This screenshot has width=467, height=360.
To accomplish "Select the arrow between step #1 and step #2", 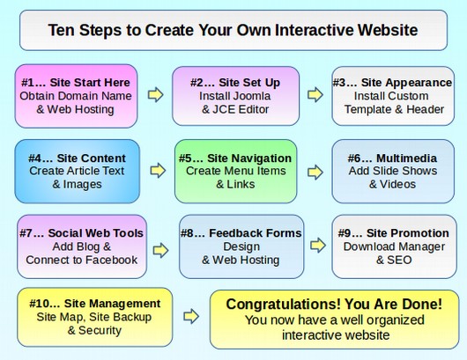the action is tap(155, 95).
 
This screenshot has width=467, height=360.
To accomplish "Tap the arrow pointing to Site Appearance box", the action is tap(315, 95).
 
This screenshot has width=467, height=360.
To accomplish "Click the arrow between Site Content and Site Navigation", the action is tap(158, 171).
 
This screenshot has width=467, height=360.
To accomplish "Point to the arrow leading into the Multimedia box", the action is tap(315, 173).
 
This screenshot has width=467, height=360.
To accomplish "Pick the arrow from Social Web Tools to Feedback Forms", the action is tap(161, 250).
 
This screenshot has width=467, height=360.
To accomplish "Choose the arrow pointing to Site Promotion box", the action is tap(318, 246).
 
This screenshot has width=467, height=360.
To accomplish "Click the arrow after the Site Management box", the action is tap(191, 316).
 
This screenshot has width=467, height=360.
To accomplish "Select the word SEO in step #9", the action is tap(399, 260).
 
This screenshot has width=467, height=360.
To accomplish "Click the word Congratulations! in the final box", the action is tap(283, 304).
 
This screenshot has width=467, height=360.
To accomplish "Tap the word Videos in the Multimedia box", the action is tap(397, 184).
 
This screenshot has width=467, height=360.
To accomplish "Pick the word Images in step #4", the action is tap(82, 185).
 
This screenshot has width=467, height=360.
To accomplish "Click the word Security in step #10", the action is tap(100, 331).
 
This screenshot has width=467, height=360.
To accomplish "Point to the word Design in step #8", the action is tap(241, 246).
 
